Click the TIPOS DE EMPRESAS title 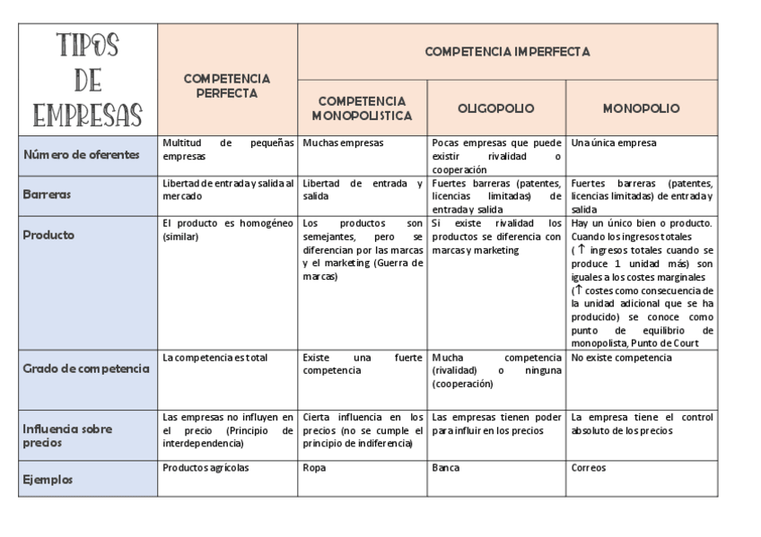click(88, 79)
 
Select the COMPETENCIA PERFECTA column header click(227, 86)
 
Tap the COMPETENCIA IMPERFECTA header click(507, 52)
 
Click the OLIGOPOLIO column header click(496, 108)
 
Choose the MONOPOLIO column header click(641, 108)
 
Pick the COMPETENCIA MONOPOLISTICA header click(362, 108)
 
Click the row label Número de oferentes click(82, 154)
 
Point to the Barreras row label click(48, 192)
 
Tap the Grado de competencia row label click(87, 368)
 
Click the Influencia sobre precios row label click(68, 435)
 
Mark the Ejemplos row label click(48, 480)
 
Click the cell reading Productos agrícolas click(206, 468)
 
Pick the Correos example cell click(589, 468)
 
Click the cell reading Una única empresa click(614, 143)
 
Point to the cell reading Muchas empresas click(343, 143)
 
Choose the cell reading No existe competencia click(621, 358)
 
